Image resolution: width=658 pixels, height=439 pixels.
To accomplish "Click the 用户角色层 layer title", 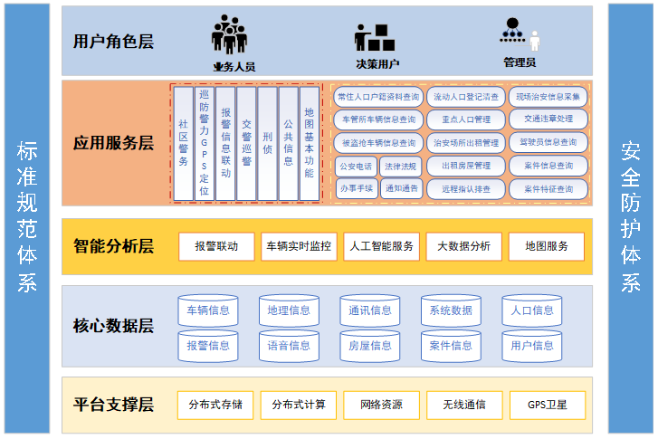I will pos(113,41).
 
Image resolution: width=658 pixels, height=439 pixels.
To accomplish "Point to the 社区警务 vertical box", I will pos(183,142).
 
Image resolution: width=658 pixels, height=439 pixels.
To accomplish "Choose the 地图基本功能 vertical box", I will pos(310,142).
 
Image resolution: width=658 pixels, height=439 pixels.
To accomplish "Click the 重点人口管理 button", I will pos(466,119).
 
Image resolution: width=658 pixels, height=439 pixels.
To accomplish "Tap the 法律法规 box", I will pos(400,166).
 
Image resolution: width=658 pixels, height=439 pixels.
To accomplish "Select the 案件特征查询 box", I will pos(548,189).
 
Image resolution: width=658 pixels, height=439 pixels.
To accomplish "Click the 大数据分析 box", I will pos(463,245).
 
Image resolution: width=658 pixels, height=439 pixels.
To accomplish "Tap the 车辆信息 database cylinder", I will pos(208,310).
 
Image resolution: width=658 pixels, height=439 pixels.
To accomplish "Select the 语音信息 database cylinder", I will pos(290,345).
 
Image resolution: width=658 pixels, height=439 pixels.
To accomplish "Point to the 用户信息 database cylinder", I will pos(532,345).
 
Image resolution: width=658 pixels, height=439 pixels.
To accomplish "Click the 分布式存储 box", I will pos(209,405).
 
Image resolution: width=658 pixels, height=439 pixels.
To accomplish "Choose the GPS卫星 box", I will pos(547,405).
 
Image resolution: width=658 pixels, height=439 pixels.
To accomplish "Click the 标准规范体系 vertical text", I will pos(27,217).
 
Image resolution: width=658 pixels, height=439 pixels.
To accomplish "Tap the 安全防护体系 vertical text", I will pos(630,217).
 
